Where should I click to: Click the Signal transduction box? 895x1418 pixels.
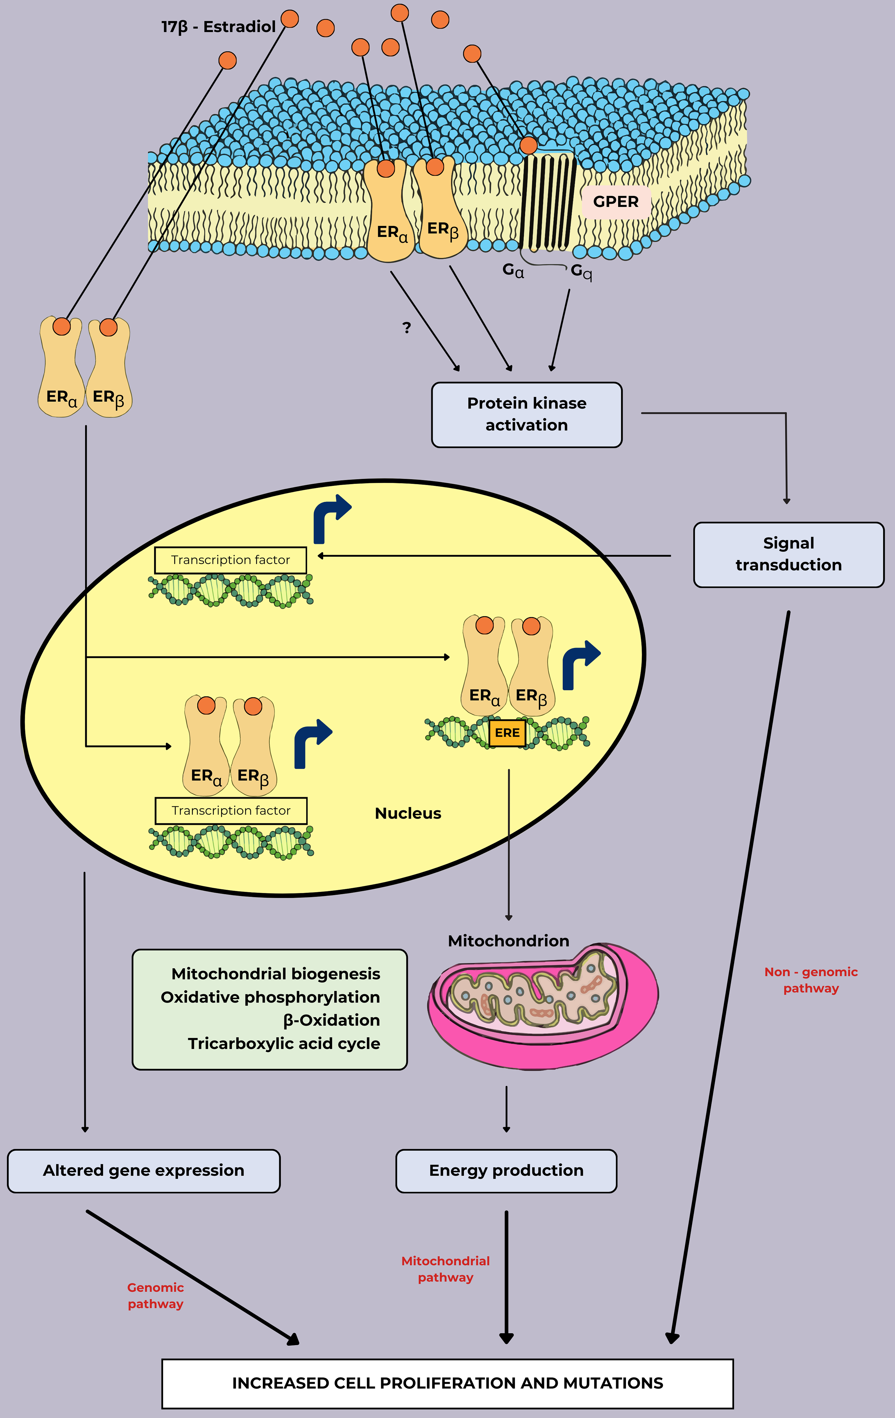pos(788,554)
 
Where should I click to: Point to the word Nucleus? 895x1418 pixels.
pos(408,813)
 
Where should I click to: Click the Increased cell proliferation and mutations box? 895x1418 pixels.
pos(447,1383)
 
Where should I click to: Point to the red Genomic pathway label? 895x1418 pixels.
pos(156,1296)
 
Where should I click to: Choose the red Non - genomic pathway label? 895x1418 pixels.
pos(811,980)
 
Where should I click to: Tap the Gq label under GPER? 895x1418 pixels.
pos(581,271)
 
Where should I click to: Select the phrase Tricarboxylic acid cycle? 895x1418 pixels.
pos(284,1043)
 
